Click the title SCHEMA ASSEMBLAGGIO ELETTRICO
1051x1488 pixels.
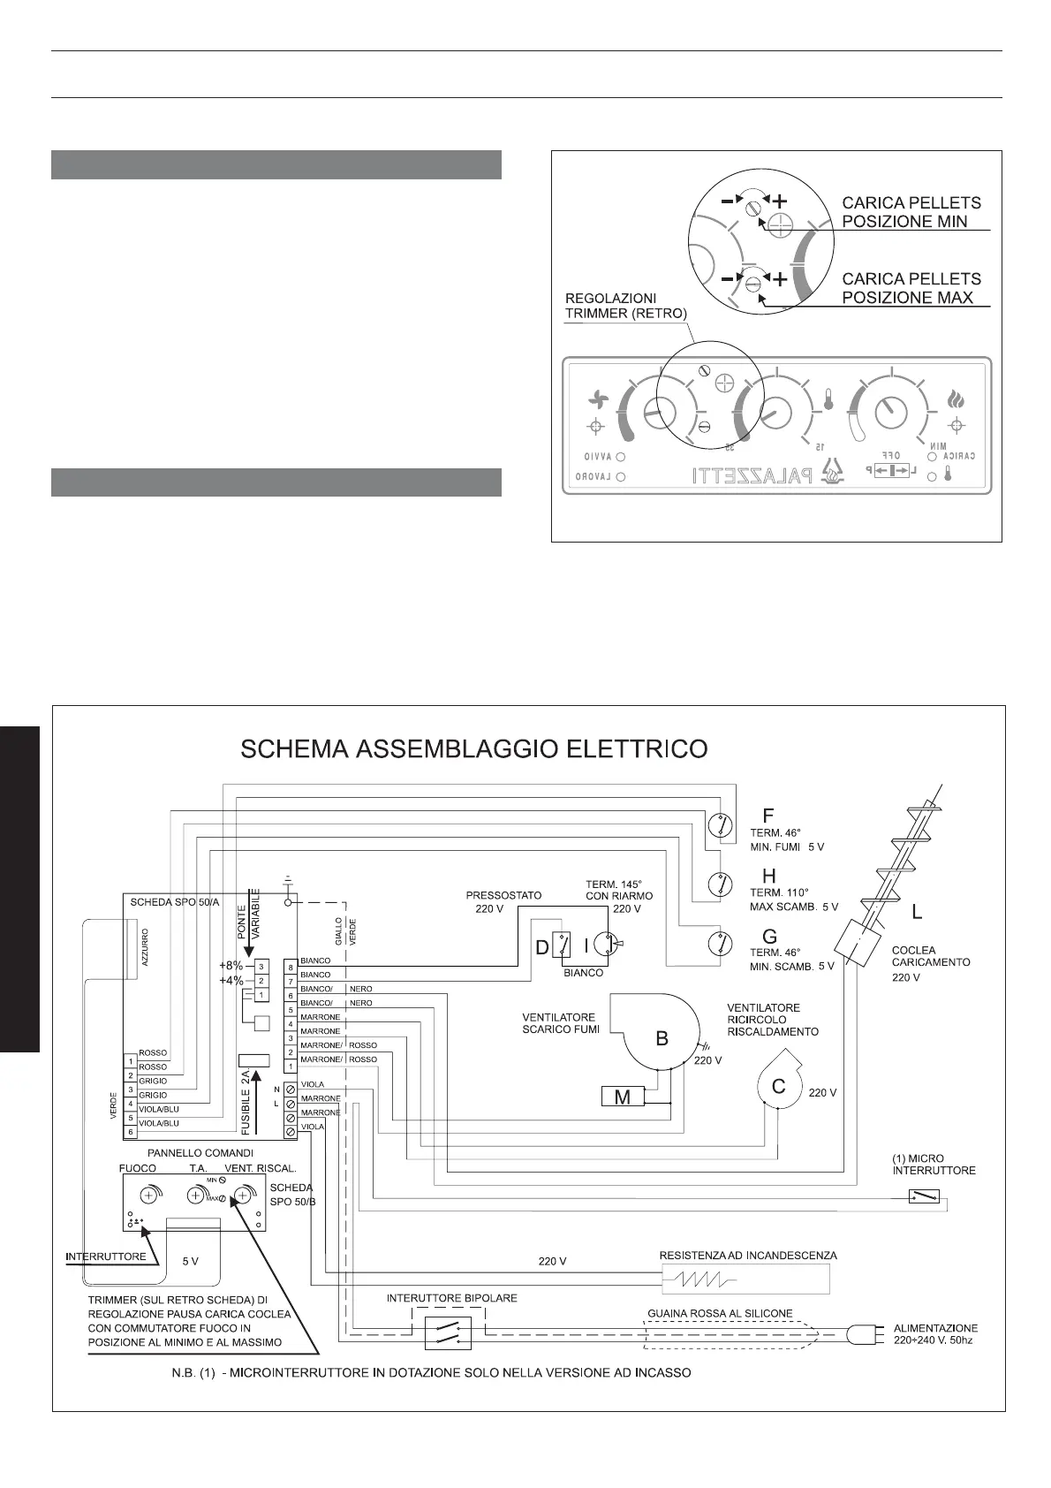pyautogui.click(x=474, y=749)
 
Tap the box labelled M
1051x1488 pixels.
pyautogui.click(x=623, y=1097)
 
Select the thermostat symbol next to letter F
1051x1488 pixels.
pyautogui.click(x=722, y=824)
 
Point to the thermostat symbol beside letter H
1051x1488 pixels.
pyautogui.click(x=722, y=883)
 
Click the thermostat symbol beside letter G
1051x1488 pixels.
pyautogui.click(x=722, y=945)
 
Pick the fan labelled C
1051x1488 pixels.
pyautogui.click(x=778, y=1086)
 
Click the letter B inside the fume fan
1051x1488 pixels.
pyautogui.click(x=662, y=1039)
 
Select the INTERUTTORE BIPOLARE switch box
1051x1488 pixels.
pyautogui.click(x=448, y=1332)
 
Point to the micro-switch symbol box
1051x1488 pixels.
pyautogui.click(x=924, y=1196)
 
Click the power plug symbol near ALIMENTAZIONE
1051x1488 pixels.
pyautogui.click(x=862, y=1333)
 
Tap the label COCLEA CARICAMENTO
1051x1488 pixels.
pyautogui.click(x=919, y=956)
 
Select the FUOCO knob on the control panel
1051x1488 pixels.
pyautogui.click(x=148, y=1196)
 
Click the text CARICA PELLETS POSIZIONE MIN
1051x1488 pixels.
pyautogui.click(x=911, y=212)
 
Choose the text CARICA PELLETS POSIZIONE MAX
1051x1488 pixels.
pyautogui.click(x=911, y=288)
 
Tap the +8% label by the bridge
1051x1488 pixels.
pyautogui.click(x=231, y=966)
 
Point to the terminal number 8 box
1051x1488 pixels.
pyautogui.click(x=290, y=967)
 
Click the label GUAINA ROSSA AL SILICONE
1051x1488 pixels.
pyautogui.click(x=720, y=1313)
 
